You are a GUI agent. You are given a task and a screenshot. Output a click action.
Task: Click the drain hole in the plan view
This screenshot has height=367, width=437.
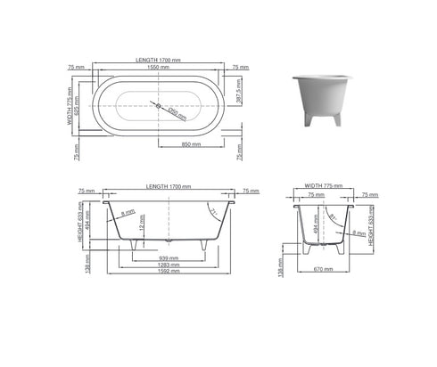coord(159,107)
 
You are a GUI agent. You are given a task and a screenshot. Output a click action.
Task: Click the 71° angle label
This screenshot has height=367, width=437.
coord(211,211)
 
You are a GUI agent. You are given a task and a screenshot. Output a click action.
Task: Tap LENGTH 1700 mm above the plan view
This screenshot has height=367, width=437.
coord(158,60)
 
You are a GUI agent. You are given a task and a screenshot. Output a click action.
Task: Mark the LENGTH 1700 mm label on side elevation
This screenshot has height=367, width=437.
coord(169,187)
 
